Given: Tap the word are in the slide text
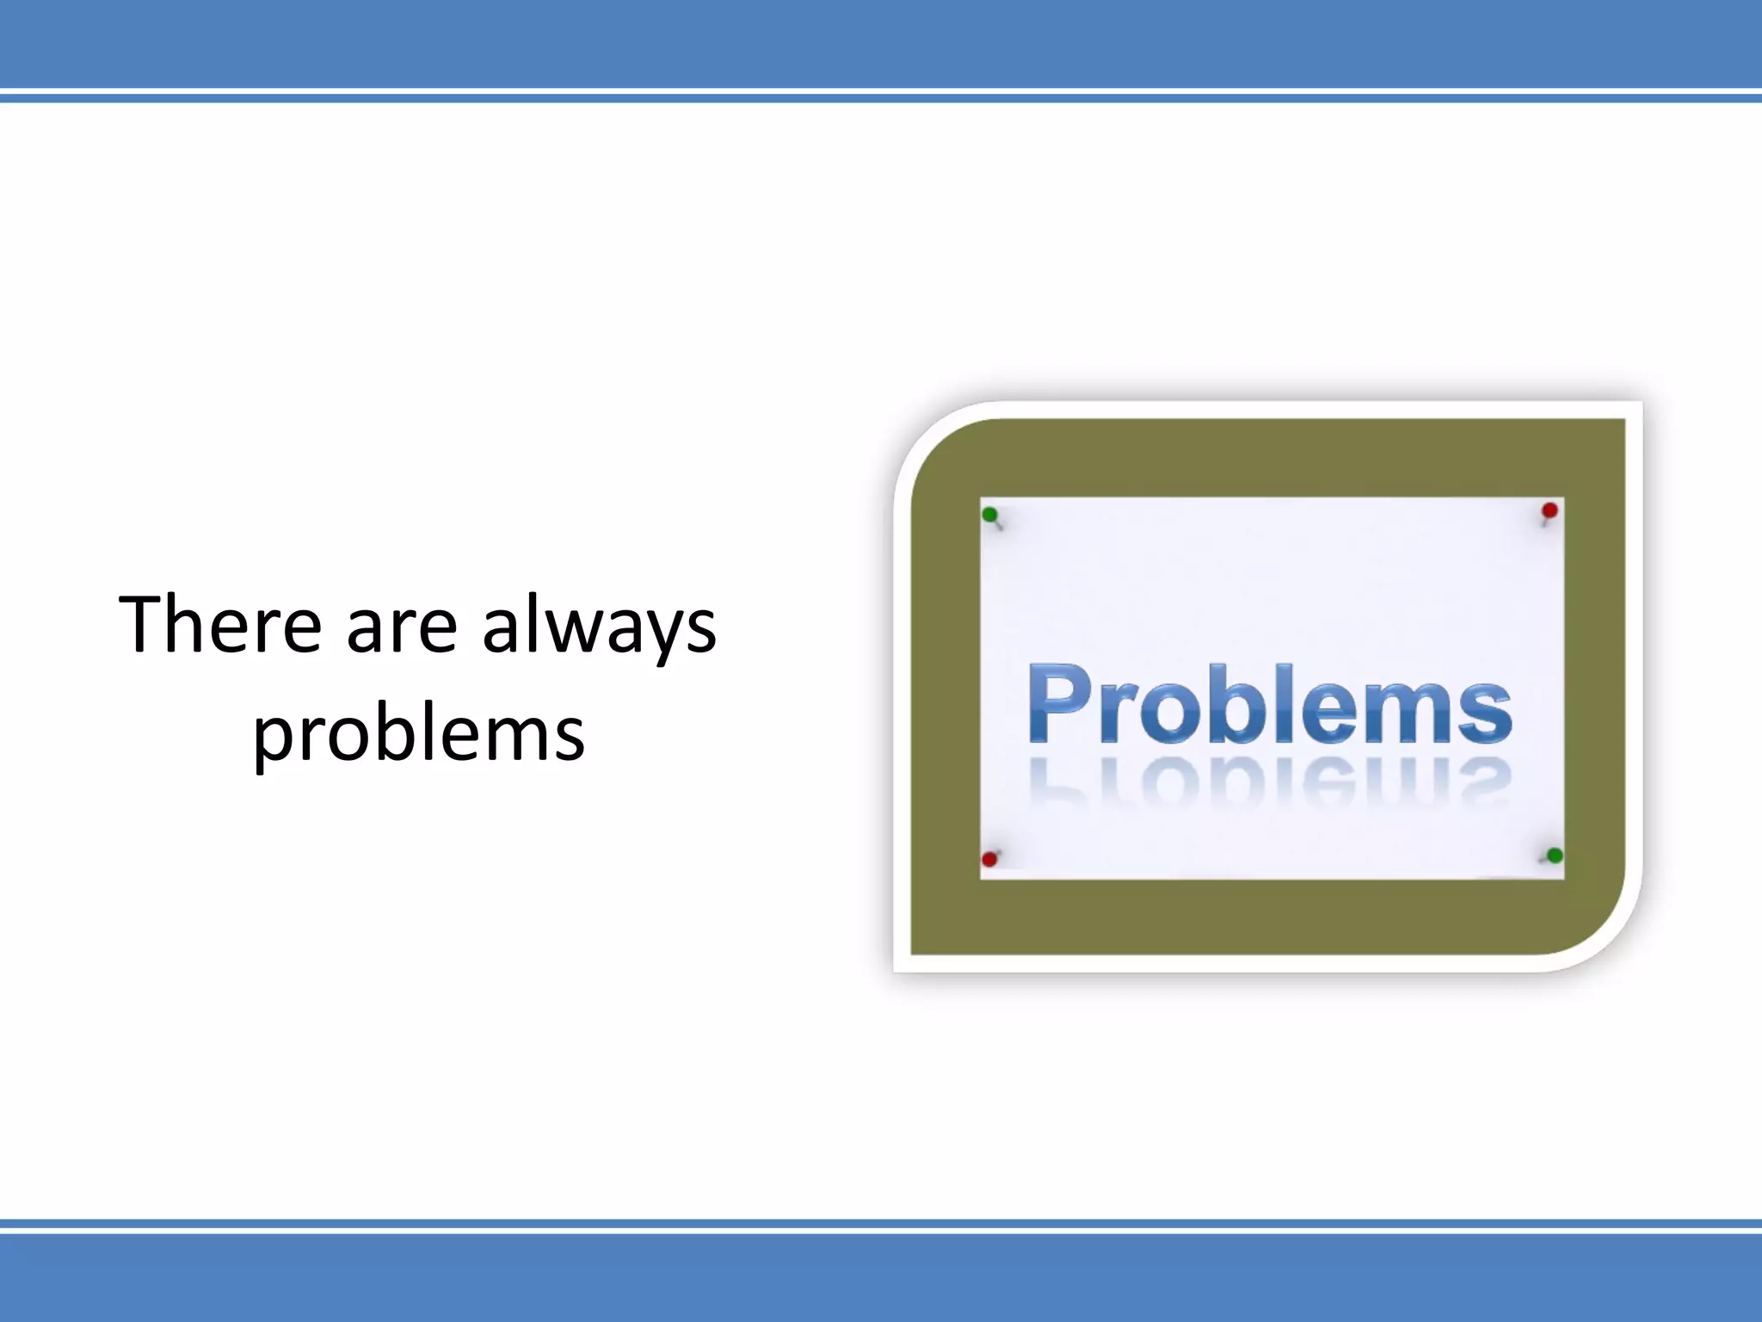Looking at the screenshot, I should pos(401,627).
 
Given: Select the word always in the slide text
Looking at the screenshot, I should pos(599,627).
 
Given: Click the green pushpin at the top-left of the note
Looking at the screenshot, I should pos(989,515).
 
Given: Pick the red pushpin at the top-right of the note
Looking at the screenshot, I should pos(1549,510).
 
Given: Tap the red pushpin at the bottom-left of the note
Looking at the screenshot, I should pos(989,859).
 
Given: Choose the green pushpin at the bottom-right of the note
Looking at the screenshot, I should pos(1555,856).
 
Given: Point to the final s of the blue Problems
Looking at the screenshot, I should pos(1483,711).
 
